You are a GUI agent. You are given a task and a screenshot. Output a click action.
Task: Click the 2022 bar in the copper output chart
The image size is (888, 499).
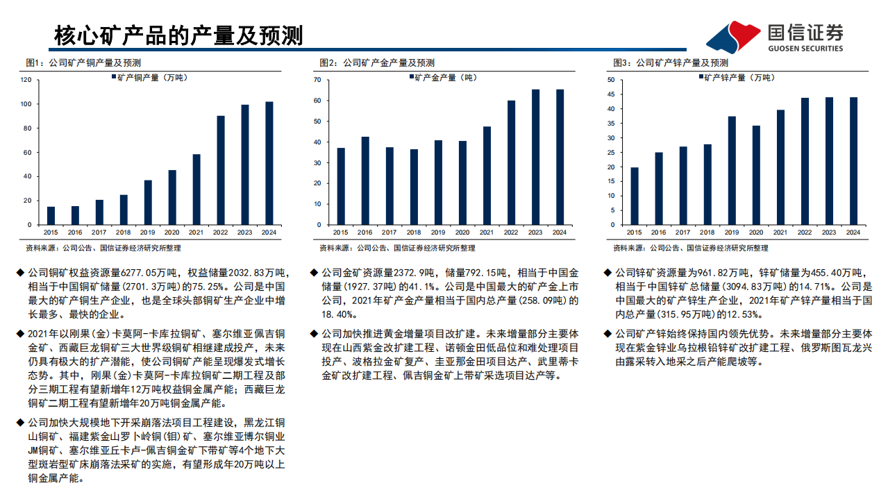(221, 170)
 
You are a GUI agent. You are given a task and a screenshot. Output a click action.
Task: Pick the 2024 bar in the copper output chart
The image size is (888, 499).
(269, 163)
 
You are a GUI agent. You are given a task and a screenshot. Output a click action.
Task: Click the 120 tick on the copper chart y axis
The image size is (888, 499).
(26, 80)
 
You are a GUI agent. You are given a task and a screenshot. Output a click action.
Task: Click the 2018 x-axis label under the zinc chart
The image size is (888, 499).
(707, 232)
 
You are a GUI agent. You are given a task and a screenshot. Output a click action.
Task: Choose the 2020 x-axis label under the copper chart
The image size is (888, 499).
(172, 232)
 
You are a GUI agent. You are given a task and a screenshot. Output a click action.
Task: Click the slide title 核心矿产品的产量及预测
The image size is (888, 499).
(178, 35)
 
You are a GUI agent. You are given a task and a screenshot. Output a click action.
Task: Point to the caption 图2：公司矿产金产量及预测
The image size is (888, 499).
(377, 62)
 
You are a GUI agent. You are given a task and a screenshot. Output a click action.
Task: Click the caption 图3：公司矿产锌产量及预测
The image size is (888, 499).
(671, 62)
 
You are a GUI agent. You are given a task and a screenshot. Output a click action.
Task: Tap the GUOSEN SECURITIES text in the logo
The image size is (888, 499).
(805, 49)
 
